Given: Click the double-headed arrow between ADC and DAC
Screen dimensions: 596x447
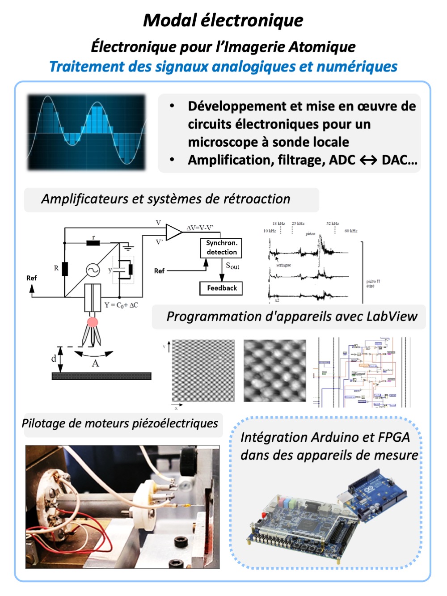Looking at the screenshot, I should click(368, 161).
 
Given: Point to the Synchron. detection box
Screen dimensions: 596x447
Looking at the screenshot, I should click(221, 248).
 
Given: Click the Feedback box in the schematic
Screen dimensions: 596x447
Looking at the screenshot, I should click(221, 288).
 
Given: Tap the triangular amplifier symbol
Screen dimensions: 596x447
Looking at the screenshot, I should click(173, 232).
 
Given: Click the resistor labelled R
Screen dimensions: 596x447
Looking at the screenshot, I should click(65, 269).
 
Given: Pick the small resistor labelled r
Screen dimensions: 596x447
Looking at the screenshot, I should click(93, 243).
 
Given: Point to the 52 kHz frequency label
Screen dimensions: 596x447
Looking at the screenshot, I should click(333, 224).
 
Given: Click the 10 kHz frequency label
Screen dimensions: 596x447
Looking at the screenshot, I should click(270, 231).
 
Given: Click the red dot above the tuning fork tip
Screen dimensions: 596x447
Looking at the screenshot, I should click(93, 322).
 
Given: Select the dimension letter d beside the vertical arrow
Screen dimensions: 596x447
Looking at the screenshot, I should click(54, 359).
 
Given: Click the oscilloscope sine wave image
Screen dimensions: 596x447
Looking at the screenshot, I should click(87, 132).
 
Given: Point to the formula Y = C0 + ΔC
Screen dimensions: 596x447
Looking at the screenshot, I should click(121, 305).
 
